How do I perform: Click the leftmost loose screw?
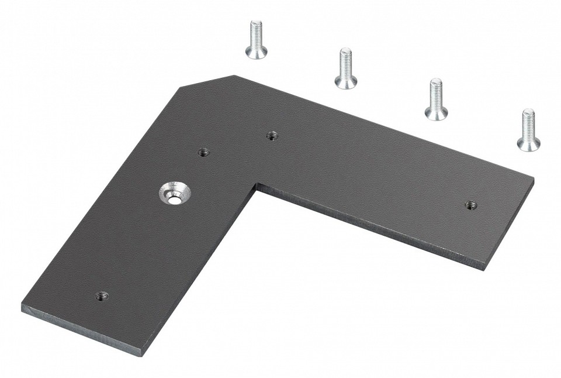[255, 39]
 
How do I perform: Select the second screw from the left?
[346, 68]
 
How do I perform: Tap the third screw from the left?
[436, 99]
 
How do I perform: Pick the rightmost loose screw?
[528, 130]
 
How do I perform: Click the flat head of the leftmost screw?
[256, 53]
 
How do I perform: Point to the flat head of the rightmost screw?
[528, 143]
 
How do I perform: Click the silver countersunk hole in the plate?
[174, 193]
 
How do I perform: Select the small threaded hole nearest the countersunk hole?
[203, 152]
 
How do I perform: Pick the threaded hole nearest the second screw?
[272, 136]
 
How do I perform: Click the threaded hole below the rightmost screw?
[470, 205]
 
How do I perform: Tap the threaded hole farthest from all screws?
[102, 295]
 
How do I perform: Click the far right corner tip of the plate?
[533, 180]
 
